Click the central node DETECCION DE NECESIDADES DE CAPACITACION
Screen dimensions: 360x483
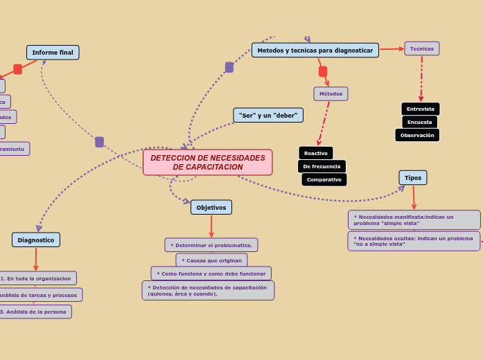[207, 163]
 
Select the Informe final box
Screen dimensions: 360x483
[53, 53]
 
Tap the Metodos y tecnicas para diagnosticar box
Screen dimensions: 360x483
[315, 51]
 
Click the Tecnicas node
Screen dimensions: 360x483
[421, 48]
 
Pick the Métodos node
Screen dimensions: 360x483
[331, 93]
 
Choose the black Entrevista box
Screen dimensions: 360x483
[420, 109]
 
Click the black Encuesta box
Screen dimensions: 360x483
[419, 122]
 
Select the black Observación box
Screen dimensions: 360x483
[417, 135]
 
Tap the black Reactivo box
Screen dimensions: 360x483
[315, 153]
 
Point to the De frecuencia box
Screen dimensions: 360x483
[322, 166]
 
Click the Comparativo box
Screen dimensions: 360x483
[324, 179]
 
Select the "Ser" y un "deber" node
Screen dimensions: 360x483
[268, 115]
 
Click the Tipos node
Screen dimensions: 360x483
[413, 178]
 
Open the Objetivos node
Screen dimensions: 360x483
[211, 207]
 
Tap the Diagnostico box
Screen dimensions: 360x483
[36, 240]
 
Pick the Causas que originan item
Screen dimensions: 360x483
[211, 260]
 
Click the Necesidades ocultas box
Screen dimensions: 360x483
[413, 241]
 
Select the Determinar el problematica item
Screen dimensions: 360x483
[211, 245]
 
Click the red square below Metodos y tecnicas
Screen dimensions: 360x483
[323, 71]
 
